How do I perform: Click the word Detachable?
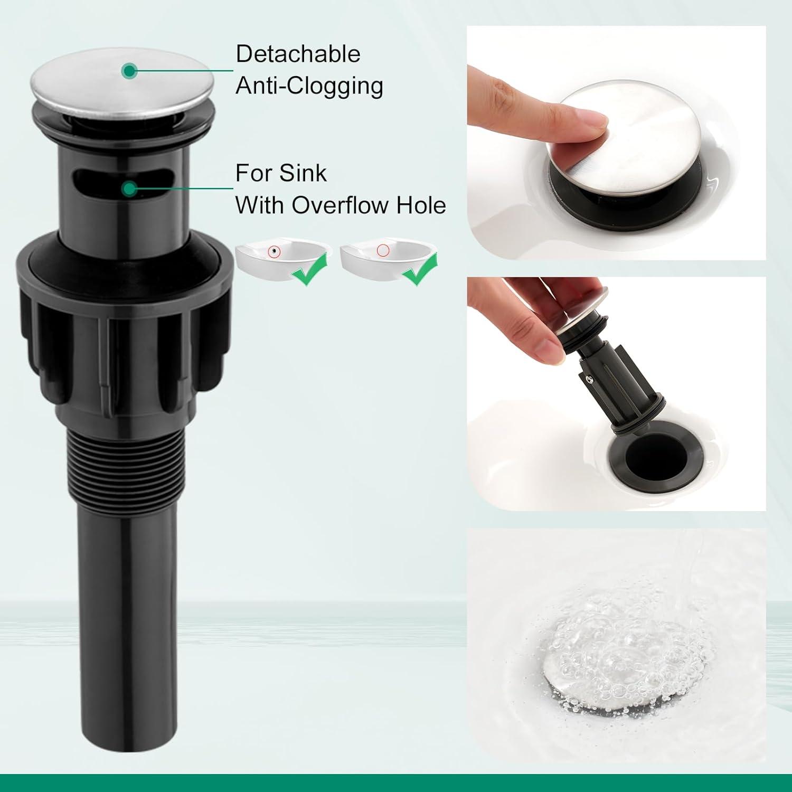coord(298,54)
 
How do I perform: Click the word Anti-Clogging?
coord(309,86)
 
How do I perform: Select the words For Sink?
coord(281,174)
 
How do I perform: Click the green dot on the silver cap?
coord(129,70)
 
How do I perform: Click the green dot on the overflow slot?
coord(129,188)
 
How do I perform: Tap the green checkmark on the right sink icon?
coord(420,270)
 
